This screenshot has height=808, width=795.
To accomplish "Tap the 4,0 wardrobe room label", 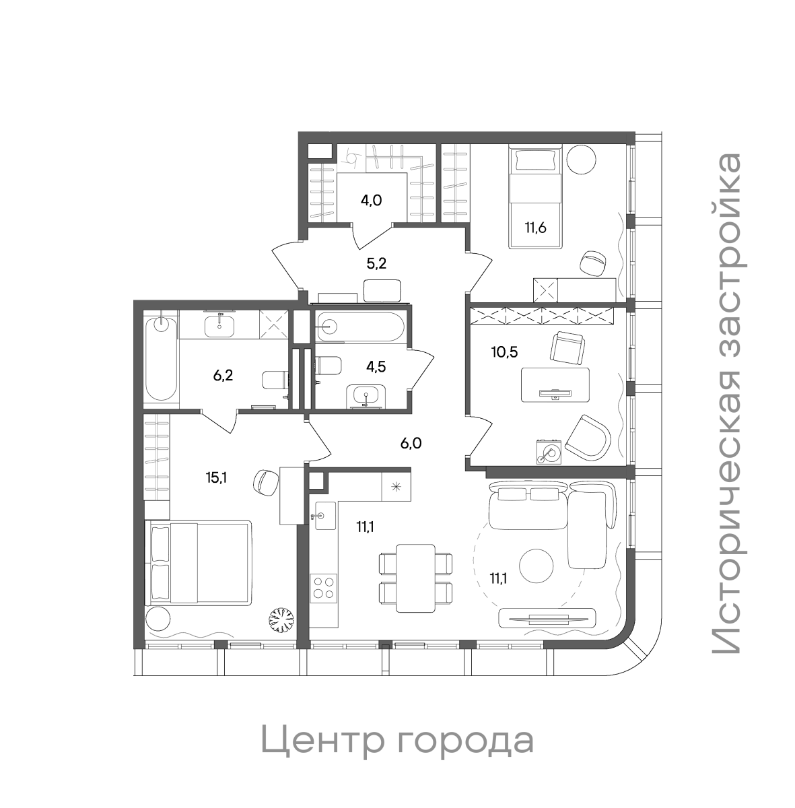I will [x=372, y=200].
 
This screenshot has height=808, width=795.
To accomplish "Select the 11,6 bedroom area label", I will [x=536, y=226].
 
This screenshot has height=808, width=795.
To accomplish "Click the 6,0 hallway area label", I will [x=409, y=443].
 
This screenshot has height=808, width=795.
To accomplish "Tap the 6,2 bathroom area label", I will [x=223, y=376].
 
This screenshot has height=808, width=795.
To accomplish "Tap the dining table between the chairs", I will [x=414, y=578].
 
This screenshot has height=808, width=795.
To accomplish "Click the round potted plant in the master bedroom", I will [x=280, y=620].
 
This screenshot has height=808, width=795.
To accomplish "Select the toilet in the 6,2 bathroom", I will [x=274, y=380].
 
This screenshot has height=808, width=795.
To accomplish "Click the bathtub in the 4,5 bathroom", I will [x=360, y=327].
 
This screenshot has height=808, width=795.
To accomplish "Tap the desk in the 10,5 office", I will [x=555, y=384].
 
